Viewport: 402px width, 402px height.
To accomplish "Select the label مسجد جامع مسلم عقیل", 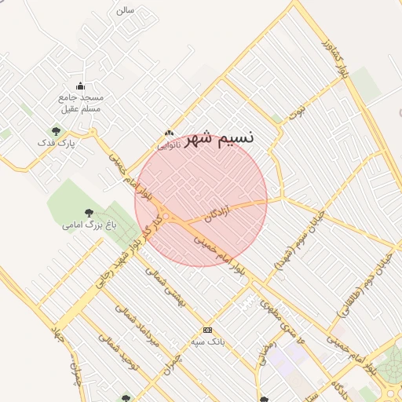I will pyautogui.click(x=80, y=103).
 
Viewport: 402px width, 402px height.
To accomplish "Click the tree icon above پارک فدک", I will pyautogui.click(x=55, y=131).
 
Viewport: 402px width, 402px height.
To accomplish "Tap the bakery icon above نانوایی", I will pyautogui.click(x=169, y=133).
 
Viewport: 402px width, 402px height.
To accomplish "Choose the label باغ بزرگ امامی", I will pyautogui.click(x=90, y=225).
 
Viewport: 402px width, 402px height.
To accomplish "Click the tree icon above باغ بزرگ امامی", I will pyautogui.click(x=88, y=212).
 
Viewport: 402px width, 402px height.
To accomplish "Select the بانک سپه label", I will pyautogui.click(x=208, y=342).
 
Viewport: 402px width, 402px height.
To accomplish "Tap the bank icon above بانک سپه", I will pyautogui.click(x=207, y=331).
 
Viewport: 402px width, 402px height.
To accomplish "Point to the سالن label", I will pyautogui.click(x=125, y=10).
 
